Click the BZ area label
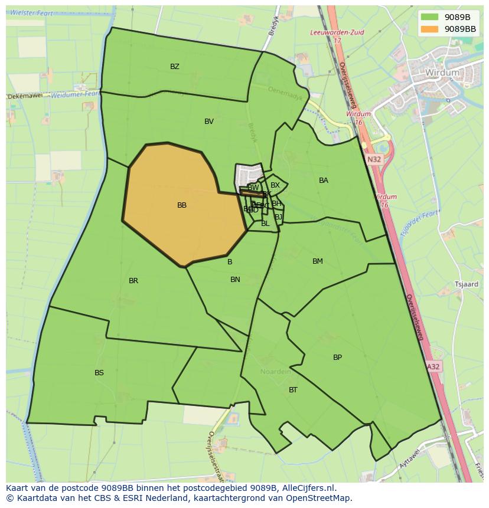pyautogui.click(x=175, y=67)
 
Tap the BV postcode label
pyautogui.click(x=209, y=122)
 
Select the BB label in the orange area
pyautogui.click(x=182, y=205)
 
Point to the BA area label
pyautogui.click(x=324, y=181)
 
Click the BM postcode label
pyautogui.click(x=318, y=261)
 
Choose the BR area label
pyautogui.click(x=133, y=281)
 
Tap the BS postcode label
pyautogui.click(x=99, y=373)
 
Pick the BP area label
pyautogui.click(x=337, y=358)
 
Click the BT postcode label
pyautogui.click(x=293, y=390)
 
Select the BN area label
pyautogui.click(x=235, y=280)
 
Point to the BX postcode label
pyautogui.click(x=275, y=185)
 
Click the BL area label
pyautogui.click(x=265, y=224)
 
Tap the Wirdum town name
pyautogui.click(x=442, y=73)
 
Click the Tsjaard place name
pyautogui.click(x=466, y=284)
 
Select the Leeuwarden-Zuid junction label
pyautogui.click(x=337, y=33)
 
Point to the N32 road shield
pyautogui.click(x=374, y=159)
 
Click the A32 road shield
pyautogui.click(x=433, y=366)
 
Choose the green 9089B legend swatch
pyautogui.click(x=429, y=17)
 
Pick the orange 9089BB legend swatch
pyautogui.click(x=429, y=28)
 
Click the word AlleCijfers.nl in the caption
pyautogui.click(x=307, y=488)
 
